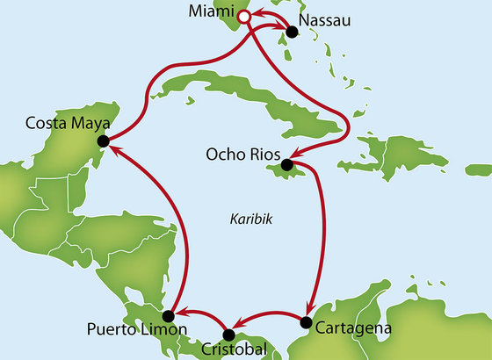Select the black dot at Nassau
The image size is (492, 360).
tap(292, 32)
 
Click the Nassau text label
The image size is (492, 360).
tap(322, 18)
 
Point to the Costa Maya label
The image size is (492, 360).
tap(54, 124)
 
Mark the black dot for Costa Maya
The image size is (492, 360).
tap(103, 140)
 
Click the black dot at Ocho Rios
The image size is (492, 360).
tap(287, 165)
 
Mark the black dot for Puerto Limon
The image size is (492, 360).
tap(172, 314)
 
